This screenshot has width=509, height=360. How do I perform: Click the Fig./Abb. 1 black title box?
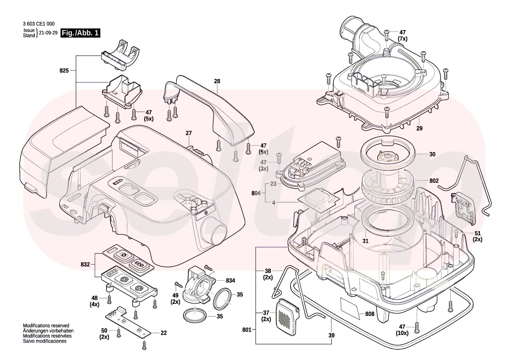pos(81,33)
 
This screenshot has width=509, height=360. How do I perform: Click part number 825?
pos(64,70)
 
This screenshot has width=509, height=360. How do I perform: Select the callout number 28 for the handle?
pos(217,82)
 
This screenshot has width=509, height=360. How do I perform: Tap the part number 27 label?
pos(189,133)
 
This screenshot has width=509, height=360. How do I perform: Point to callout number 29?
pos(420,129)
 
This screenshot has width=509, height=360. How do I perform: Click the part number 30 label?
pos(432,154)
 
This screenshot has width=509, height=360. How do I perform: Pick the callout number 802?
pos(434,180)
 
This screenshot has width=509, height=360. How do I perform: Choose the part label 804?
pos(256,193)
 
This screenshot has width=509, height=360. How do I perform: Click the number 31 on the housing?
pos(365,241)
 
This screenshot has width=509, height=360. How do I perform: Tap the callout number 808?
pos(370,314)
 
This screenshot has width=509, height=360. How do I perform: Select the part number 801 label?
pos(247,330)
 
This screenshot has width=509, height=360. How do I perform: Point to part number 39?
pos(331,335)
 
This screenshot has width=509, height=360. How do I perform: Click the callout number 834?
pos(230,280)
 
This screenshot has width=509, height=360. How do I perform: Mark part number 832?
pos(85,265)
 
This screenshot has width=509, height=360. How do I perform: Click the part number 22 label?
pos(163,333)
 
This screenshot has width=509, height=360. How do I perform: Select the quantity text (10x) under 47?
pos(402,333)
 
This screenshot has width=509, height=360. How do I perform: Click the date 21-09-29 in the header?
pos(48,33)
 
